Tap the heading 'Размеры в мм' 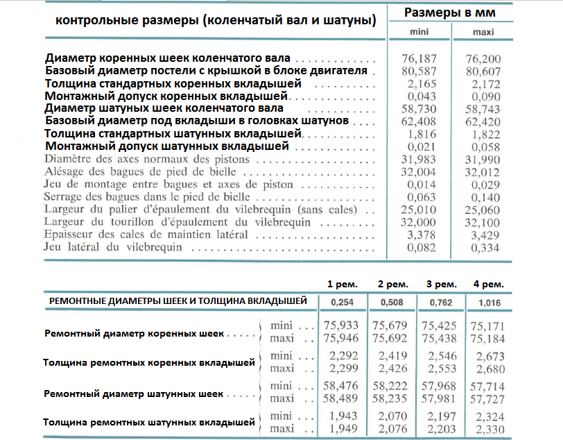pos(449,13)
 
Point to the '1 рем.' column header pos(343,285)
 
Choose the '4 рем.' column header pos(489,285)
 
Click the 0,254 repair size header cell pos(343,302)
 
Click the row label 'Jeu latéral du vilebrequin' pos(110,247)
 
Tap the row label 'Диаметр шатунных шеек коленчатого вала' pos(164,108)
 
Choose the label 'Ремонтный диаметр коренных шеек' pos(134,333)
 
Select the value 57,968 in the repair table pos(439,385)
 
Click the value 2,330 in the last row pos(486,430)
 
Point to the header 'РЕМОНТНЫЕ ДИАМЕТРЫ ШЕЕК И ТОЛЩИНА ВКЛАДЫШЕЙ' pos(179,301)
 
